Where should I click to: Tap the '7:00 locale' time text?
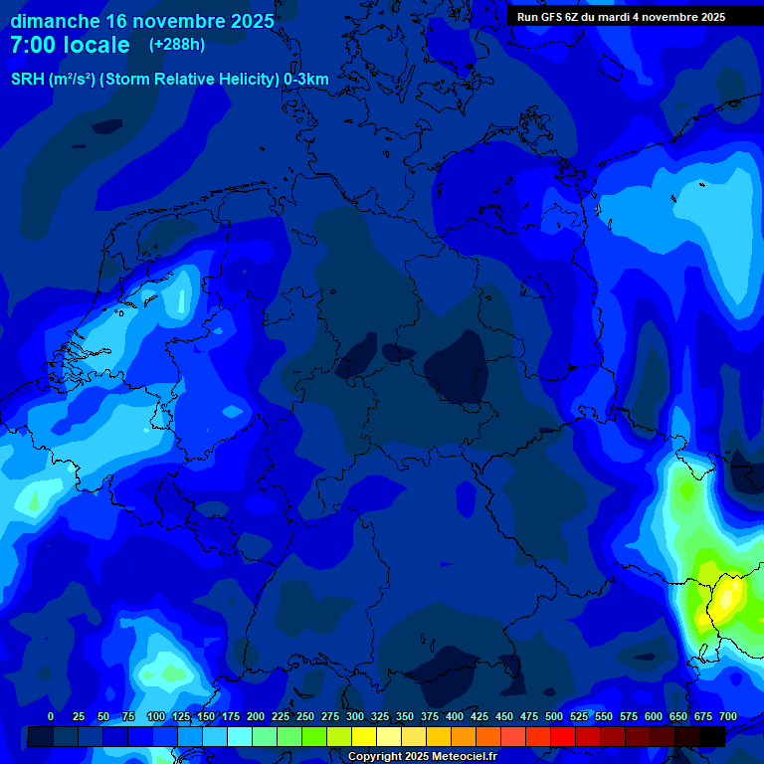click(70, 45)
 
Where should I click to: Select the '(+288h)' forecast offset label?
click(177, 45)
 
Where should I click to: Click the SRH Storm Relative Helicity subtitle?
click(169, 79)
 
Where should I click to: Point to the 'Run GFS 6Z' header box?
click(621, 17)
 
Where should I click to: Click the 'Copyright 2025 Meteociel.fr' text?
click(422, 757)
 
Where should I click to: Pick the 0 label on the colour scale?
click(51, 716)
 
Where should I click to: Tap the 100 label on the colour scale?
click(156, 716)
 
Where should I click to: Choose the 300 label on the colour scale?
click(355, 716)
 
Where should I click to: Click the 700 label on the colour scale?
click(728, 716)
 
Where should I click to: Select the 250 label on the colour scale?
click(305, 716)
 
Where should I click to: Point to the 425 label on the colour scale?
click(479, 716)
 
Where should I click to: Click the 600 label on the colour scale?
click(654, 716)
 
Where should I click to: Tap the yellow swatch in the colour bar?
click(364, 736)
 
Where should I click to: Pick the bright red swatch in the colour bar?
click(563, 736)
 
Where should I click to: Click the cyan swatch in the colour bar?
click(240, 736)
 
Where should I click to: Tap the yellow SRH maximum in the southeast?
click(727, 598)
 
